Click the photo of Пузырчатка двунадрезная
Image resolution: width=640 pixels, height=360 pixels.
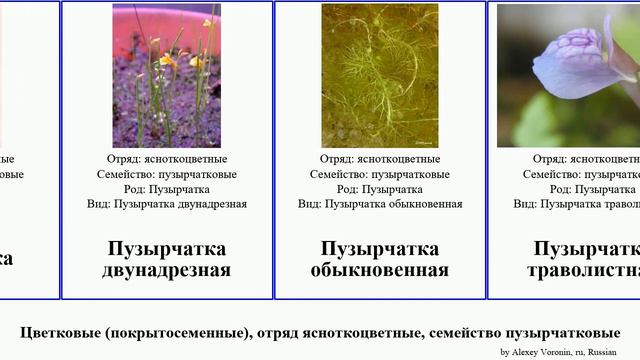coord(166,76)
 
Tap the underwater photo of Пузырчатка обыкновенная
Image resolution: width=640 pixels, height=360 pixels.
coord(379,76)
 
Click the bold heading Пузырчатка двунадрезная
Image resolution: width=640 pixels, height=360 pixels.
coord(166,259)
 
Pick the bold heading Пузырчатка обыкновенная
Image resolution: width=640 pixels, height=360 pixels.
coord(379,259)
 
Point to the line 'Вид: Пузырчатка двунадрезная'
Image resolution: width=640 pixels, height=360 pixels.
coord(166,204)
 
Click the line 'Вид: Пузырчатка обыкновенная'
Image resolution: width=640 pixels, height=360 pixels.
coord(379,204)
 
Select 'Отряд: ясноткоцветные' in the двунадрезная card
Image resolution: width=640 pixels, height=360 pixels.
coord(166,159)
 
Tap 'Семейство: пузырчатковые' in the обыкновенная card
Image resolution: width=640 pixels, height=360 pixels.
coord(379,174)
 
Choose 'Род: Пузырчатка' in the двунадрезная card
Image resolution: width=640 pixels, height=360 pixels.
coord(166,189)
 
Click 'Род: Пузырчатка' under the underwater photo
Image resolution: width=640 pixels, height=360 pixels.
coord(379,189)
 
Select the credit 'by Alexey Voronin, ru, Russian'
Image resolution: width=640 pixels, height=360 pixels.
coord(558,352)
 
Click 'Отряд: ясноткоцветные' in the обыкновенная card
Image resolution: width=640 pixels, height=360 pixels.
coord(379,159)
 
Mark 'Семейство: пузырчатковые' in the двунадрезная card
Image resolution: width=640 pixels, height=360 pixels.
coord(166,174)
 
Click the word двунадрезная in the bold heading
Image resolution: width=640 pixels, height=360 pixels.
coord(166,270)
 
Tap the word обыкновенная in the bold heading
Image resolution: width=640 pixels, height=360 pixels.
coord(379,270)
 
